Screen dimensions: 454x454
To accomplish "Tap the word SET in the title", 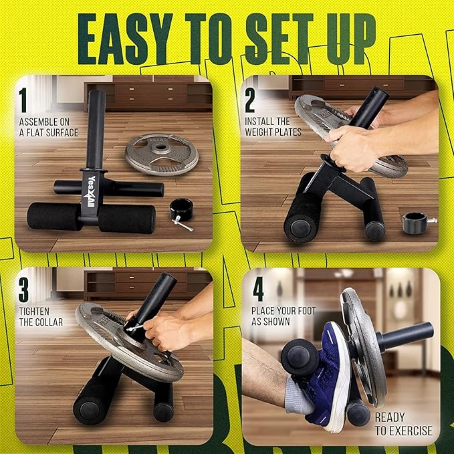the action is click(x=279, y=39).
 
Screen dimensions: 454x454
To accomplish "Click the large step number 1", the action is click(x=23, y=100).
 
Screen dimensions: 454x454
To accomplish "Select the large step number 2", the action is click(x=250, y=100).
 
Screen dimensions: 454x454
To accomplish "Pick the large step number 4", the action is click(x=258, y=289).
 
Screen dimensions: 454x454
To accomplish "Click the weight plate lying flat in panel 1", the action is click(x=162, y=154).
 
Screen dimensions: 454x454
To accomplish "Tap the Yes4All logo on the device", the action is click(x=90, y=192).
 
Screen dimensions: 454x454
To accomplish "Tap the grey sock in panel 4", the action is click(x=298, y=396).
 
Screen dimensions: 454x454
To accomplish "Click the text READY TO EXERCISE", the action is click(x=404, y=424).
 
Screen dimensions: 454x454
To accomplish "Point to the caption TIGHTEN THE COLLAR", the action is click(x=41, y=317).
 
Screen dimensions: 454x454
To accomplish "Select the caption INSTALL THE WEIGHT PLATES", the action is click(x=273, y=126).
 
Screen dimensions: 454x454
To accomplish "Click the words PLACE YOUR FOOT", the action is click(x=283, y=311).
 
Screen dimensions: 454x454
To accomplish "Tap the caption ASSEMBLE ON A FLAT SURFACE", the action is click(x=49, y=127).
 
